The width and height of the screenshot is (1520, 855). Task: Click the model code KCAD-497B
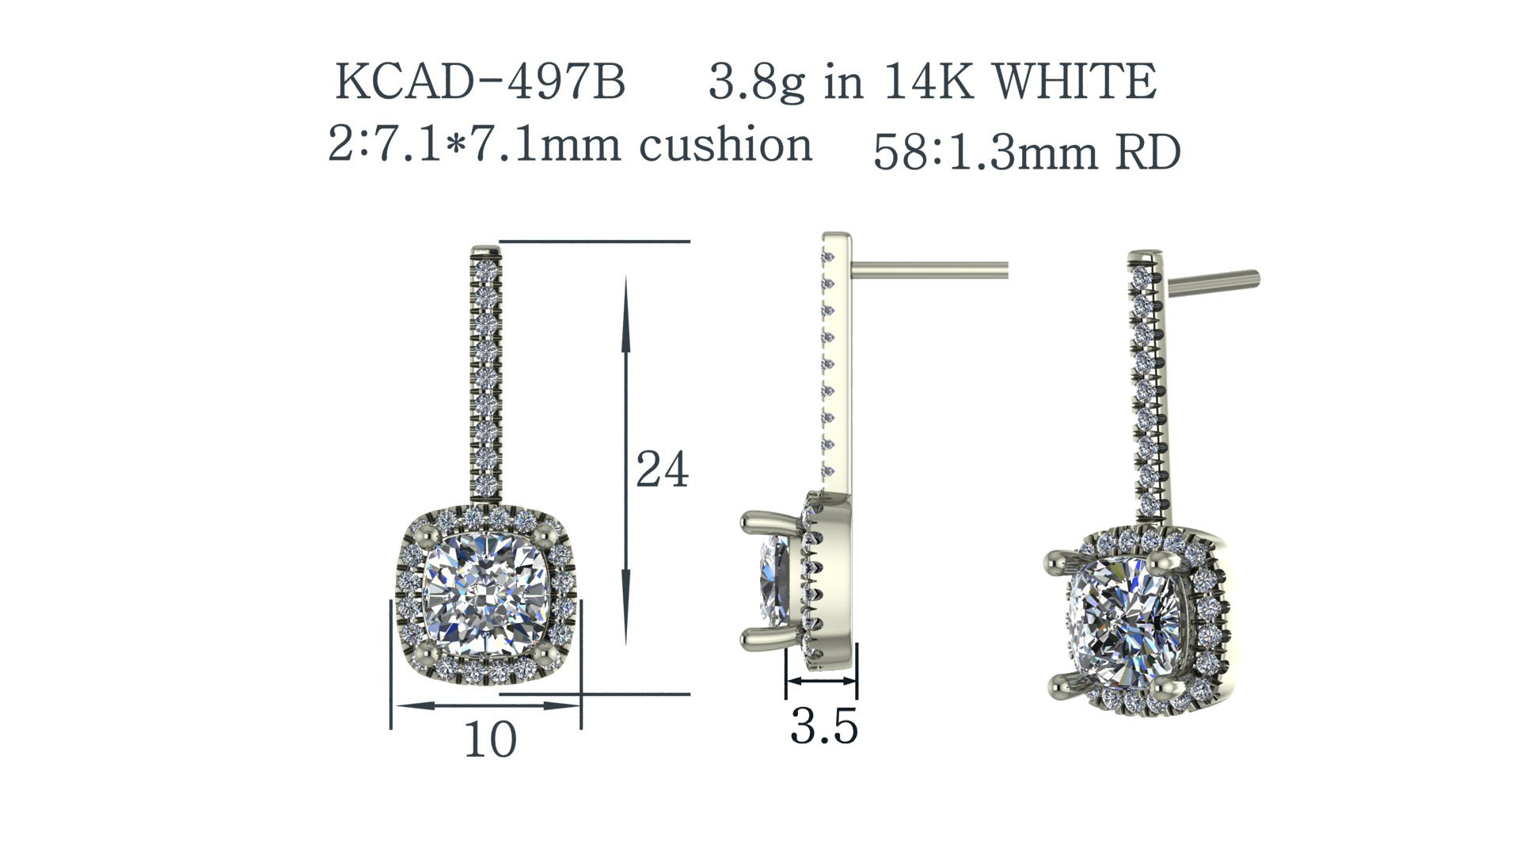point(481,81)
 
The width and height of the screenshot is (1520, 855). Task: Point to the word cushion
point(725,145)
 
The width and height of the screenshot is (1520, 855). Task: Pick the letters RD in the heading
point(1148,152)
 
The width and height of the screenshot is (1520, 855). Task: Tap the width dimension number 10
point(490,739)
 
